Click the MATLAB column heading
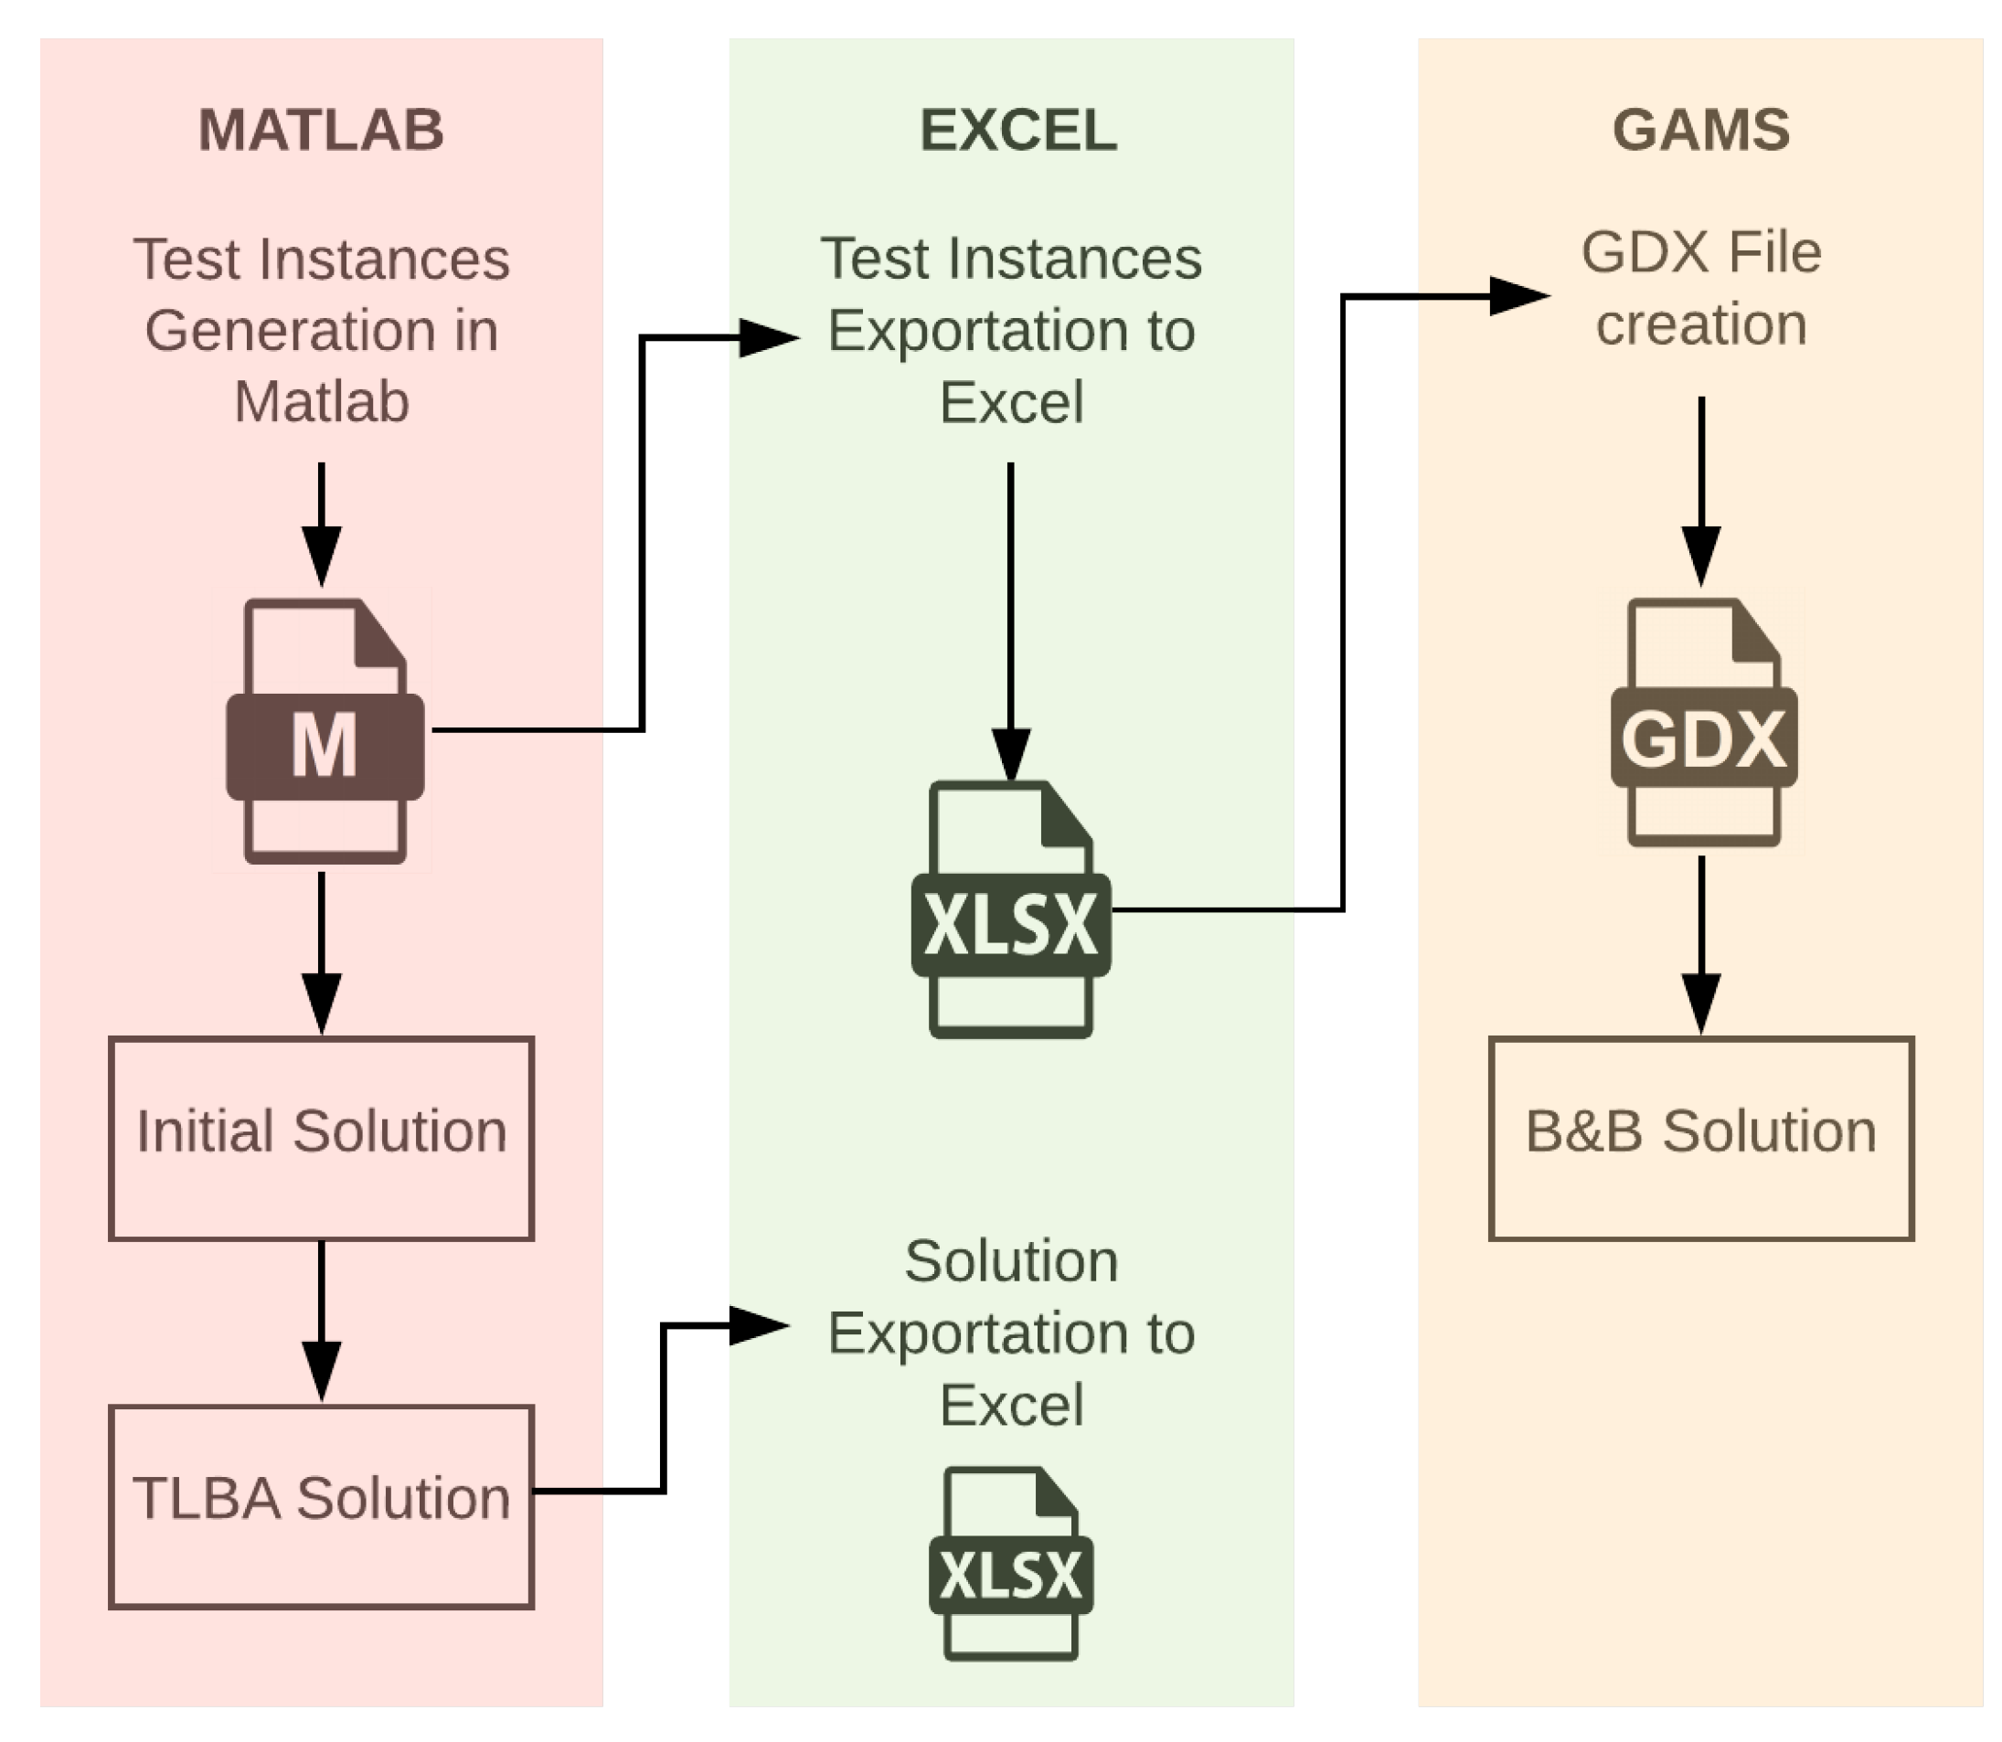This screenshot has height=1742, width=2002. tap(321, 129)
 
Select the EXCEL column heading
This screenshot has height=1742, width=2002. tap(1018, 129)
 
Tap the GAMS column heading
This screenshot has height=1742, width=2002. tap(1700, 129)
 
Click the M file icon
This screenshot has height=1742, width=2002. tap(325, 731)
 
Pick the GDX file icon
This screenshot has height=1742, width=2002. tap(1703, 722)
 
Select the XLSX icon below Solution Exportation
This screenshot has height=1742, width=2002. tap(1011, 1564)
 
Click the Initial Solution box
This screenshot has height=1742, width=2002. tap(321, 1138)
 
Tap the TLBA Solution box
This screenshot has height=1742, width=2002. tap(321, 1507)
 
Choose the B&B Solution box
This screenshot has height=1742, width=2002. tap(1701, 1138)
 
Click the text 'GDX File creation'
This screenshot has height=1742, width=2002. tap(1701, 288)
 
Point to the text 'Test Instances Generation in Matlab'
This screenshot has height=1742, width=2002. tap(322, 330)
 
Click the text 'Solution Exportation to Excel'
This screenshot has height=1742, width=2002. tap(1011, 1333)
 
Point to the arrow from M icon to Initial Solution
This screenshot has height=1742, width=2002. tap(321, 953)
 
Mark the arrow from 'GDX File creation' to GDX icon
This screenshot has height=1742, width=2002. tap(1701, 492)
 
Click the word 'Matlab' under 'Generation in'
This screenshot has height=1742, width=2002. tap(322, 400)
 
